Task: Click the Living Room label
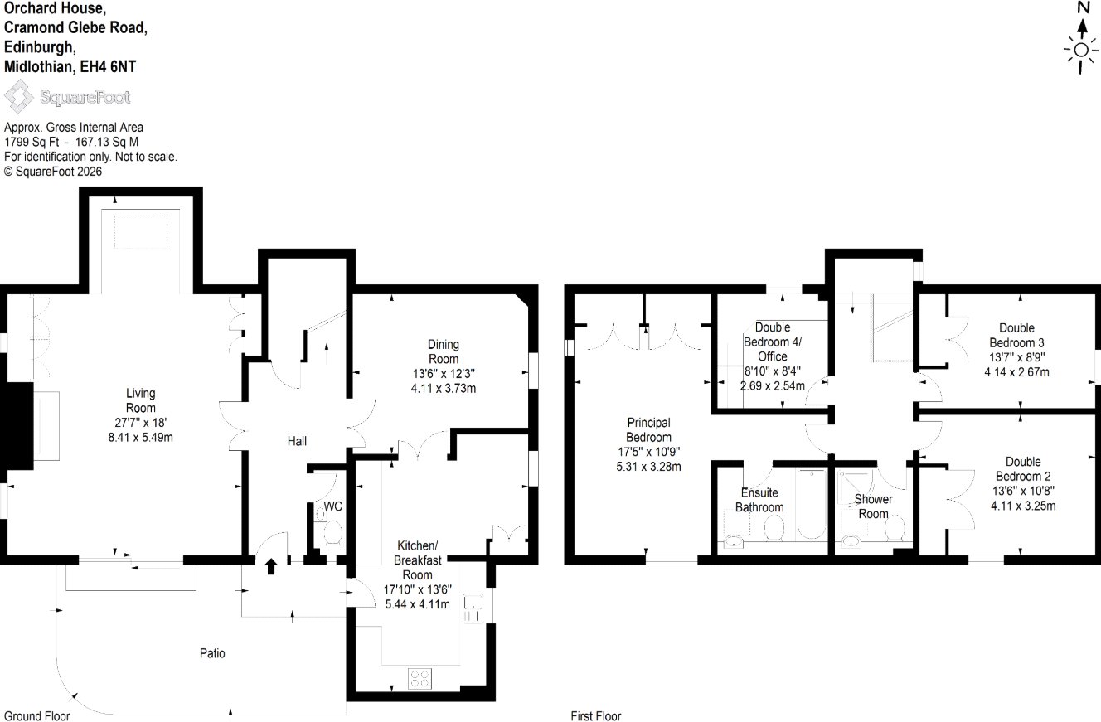(x=141, y=400)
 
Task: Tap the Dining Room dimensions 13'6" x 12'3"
(x=444, y=374)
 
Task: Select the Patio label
(x=212, y=653)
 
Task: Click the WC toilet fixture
(x=332, y=533)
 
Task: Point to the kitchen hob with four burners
(x=420, y=679)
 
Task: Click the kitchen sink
(x=473, y=609)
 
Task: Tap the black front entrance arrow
(x=271, y=566)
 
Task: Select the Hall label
(x=297, y=441)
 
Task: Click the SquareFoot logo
(x=67, y=96)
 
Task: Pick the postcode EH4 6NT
(x=108, y=66)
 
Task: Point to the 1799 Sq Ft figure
(x=32, y=142)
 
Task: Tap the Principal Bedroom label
(x=649, y=430)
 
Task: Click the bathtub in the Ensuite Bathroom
(x=812, y=504)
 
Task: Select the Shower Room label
(x=874, y=506)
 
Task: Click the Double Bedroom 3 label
(x=1017, y=335)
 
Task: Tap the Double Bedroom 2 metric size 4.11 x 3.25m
(x=1023, y=506)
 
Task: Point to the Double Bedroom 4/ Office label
(x=772, y=342)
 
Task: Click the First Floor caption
(x=596, y=716)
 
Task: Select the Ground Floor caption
(x=36, y=716)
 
